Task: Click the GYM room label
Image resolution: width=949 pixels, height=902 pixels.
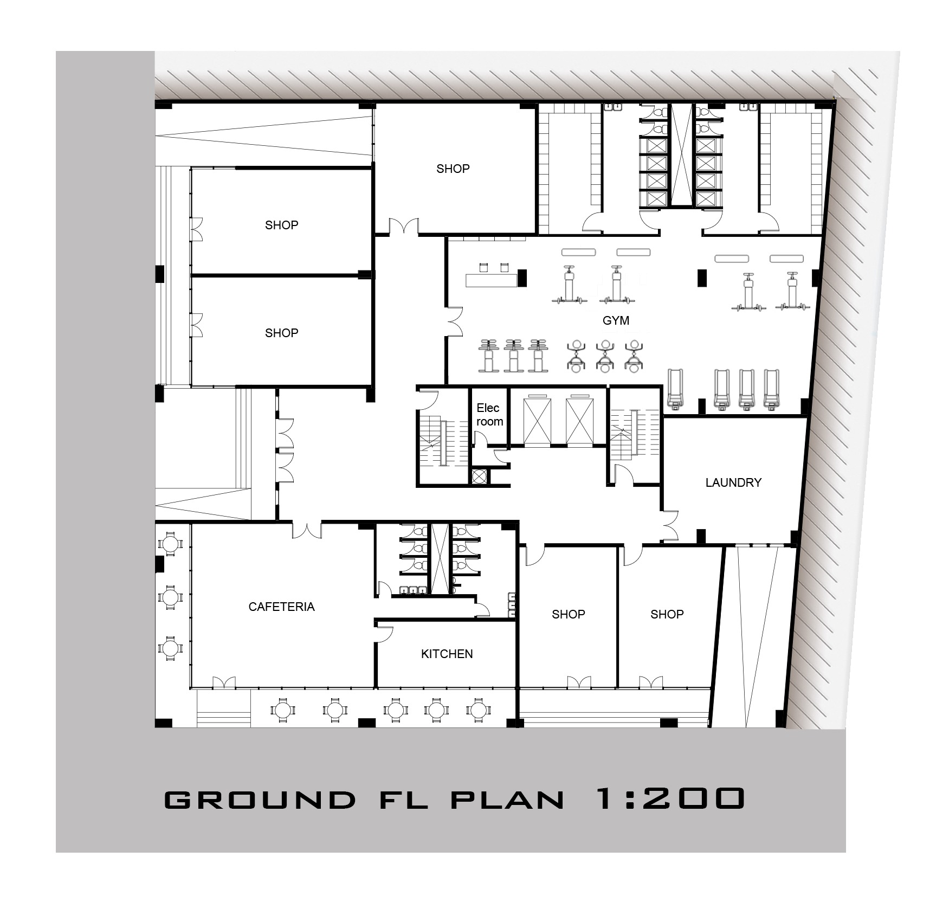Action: tap(616, 320)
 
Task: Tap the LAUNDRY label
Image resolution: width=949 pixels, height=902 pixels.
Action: tap(733, 482)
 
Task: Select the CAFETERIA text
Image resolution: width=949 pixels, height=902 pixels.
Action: tap(281, 607)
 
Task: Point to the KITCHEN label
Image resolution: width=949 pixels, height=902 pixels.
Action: tap(447, 654)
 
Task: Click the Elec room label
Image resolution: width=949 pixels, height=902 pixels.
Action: tap(489, 415)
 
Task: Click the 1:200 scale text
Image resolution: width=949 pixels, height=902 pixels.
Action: tap(669, 798)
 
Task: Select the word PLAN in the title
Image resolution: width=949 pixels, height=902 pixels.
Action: tap(507, 800)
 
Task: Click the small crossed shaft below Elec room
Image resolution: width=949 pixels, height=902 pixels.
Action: tap(479, 476)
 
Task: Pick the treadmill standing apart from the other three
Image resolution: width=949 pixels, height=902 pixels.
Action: tap(675, 388)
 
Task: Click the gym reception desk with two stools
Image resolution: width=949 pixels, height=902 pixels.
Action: tap(492, 279)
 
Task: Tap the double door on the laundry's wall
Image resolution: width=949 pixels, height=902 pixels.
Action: tap(670, 525)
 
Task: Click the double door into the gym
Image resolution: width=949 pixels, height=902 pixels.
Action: tap(454, 321)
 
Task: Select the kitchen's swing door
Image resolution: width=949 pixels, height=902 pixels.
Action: tap(384, 633)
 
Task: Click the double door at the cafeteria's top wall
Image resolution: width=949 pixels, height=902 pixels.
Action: tap(307, 529)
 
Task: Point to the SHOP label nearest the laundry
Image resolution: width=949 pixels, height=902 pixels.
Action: tap(667, 614)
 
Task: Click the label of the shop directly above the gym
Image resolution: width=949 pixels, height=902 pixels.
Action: tap(453, 169)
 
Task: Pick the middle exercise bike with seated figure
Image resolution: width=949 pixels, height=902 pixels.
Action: tap(604, 356)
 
